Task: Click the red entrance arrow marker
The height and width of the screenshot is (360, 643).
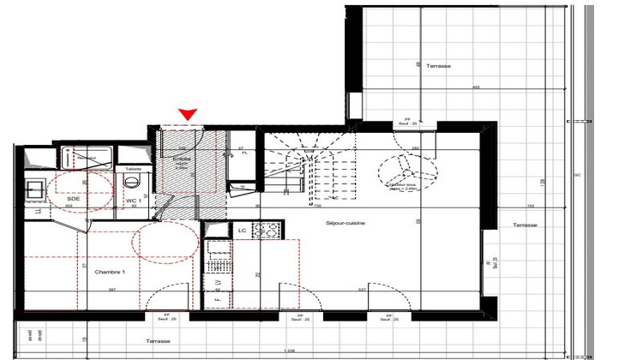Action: point(188,115)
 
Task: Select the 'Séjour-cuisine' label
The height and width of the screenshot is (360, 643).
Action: point(346,223)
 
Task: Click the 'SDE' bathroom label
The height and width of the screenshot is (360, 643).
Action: point(74,199)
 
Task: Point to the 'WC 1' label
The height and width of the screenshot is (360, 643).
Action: point(133,201)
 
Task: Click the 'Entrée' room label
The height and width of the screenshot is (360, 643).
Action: point(182,159)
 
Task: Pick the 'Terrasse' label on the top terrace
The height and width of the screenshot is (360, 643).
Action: point(438,66)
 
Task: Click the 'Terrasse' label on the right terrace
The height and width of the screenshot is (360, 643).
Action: point(525,225)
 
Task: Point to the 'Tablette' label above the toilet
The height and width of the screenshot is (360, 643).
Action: point(133,169)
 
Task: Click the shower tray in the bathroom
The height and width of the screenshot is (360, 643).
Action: point(89,158)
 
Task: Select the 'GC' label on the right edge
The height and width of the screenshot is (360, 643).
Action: point(578,175)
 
